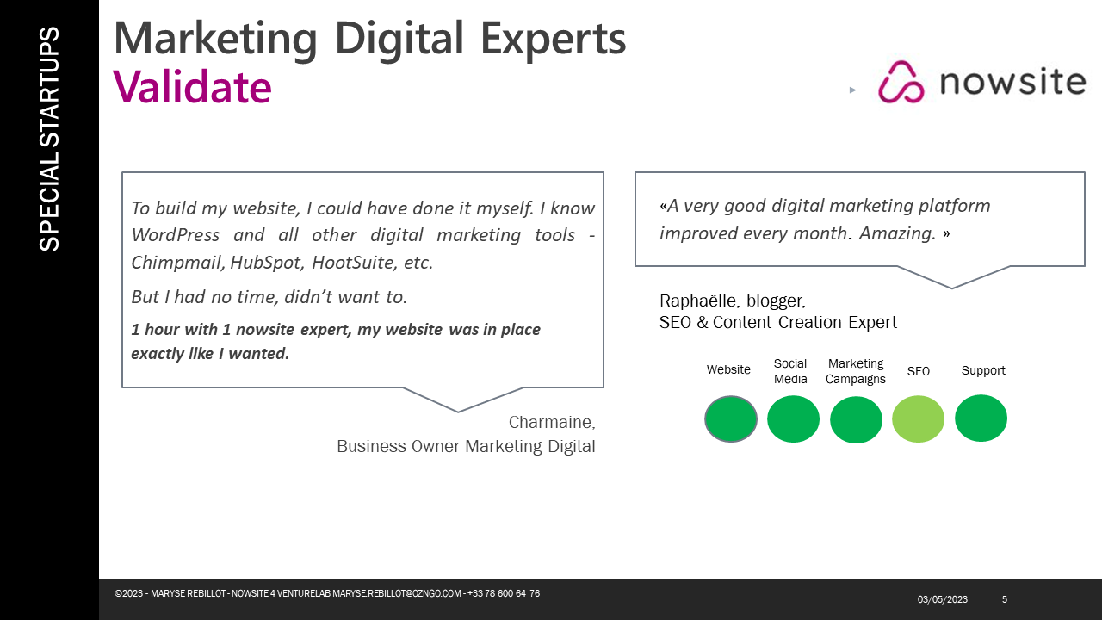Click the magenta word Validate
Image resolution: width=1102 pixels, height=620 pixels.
192,87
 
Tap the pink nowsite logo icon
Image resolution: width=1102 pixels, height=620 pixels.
901,82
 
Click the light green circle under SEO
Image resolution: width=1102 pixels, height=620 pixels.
918,419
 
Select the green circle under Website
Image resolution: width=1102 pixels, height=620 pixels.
731,419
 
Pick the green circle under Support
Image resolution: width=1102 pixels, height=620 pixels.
981,418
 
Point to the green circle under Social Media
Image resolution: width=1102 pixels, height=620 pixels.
793,419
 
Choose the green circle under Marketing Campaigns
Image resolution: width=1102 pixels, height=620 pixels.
856,419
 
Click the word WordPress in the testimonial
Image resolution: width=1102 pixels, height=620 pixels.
176,235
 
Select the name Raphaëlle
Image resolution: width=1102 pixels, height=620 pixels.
700,301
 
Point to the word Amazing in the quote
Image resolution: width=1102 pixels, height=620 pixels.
897,233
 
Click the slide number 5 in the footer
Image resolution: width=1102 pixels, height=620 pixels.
1005,599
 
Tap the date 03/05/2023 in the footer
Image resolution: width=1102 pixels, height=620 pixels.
942,599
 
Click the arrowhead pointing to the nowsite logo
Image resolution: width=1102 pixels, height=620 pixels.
852,90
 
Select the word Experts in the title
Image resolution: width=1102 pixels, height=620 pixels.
553,40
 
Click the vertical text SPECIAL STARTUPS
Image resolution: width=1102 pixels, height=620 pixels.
49,139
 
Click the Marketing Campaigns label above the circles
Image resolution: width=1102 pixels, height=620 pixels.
856,371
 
